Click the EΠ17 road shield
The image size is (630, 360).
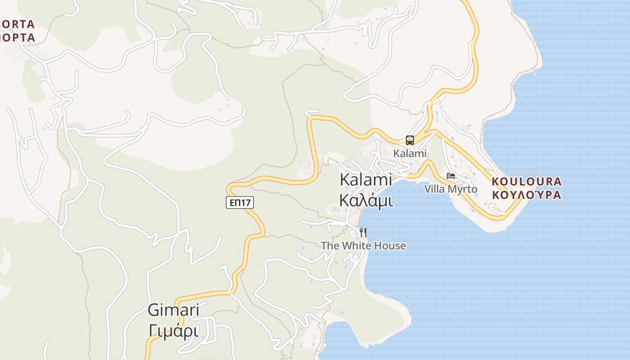click(x=240, y=202)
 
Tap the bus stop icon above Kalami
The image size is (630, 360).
click(x=409, y=140)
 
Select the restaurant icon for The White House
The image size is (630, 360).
click(x=363, y=232)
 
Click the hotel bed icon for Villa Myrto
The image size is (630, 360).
click(x=451, y=176)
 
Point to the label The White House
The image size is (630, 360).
click(x=363, y=246)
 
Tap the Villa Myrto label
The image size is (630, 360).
click(x=450, y=189)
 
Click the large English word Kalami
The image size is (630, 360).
click(x=365, y=180)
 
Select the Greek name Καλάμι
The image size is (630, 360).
click(x=365, y=200)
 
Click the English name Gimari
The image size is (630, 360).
click(x=173, y=310)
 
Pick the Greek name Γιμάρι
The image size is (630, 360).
click(x=173, y=331)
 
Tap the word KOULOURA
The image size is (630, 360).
click(x=526, y=182)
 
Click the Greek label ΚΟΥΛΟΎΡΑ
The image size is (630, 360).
click(x=526, y=195)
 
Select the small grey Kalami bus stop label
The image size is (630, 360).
click(x=409, y=153)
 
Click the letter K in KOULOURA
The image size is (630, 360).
click(x=496, y=182)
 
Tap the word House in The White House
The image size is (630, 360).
click(x=391, y=246)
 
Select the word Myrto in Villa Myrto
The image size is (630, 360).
click(x=462, y=189)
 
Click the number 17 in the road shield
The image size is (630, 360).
click(x=245, y=202)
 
